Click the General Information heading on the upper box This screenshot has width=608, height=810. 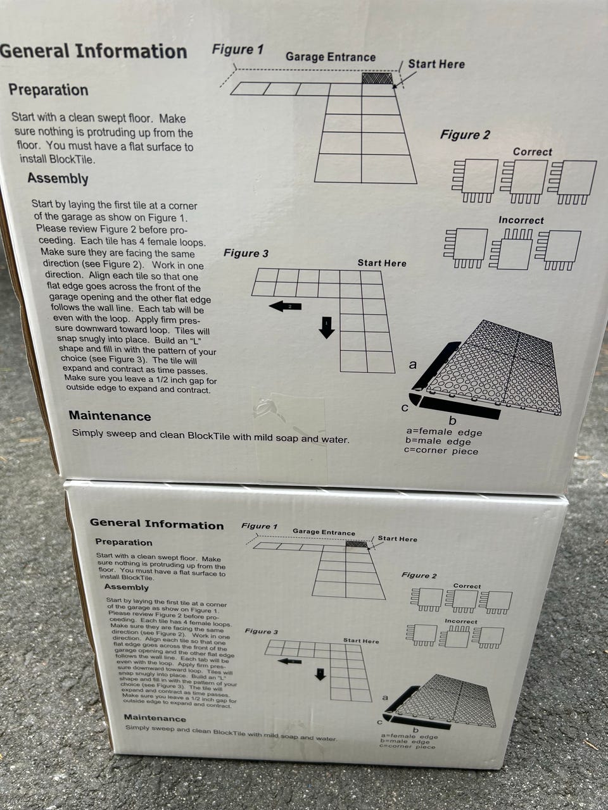pyautogui.click(x=93, y=51)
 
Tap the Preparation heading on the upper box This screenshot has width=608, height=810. pyautogui.click(x=48, y=90)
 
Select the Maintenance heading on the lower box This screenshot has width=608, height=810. pyautogui.click(x=155, y=718)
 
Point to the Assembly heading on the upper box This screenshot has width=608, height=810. pyautogui.click(x=58, y=178)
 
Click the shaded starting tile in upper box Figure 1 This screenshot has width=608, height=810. pyautogui.click(x=377, y=78)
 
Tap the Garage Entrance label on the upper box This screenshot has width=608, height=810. pyautogui.click(x=331, y=57)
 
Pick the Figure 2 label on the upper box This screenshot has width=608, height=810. pyautogui.click(x=465, y=135)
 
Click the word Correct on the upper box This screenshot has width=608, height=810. pyautogui.click(x=533, y=152)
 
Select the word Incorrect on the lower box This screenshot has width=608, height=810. pyautogui.click(x=461, y=621)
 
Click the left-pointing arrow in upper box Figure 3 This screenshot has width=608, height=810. pyautogui.click(x=285, y=306)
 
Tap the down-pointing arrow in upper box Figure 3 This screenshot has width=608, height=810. pyautogui.click(x=327, y=327)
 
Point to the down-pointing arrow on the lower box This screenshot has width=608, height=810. pyautogui.click(x=320, y=674)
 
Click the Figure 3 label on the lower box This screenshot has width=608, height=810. pyautogui.click(x=261, y=632)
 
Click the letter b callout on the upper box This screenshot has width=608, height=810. pyautogui.click(x=452, y=420)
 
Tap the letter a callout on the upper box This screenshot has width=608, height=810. pyautogui.click(x=413, y=364)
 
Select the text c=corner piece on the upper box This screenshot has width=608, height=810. pyautogui.click(x=441, y=451)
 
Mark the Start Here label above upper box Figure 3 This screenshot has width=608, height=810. pyautogui.click(x=382, y=263)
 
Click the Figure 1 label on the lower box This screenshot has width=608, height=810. pyautogui.click(x=259, y=526)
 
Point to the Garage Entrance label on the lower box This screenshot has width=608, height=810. pyautogui.click(x=324, y=532)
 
